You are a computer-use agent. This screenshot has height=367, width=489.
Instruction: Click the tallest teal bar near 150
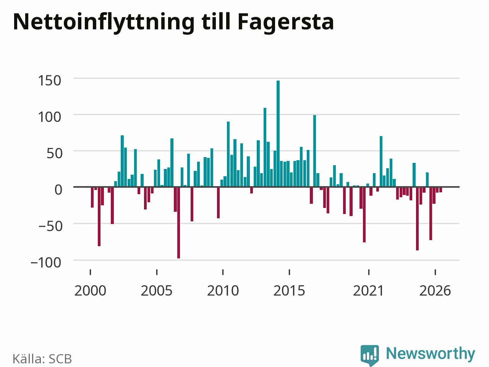point(278,133)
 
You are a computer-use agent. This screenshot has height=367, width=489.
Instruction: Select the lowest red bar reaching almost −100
point(179,223)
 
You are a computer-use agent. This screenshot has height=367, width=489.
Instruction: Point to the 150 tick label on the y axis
point(49,81)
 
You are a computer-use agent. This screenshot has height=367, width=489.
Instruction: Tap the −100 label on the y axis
point(46,263)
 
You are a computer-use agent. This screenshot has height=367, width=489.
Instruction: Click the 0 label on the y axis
point(58,190)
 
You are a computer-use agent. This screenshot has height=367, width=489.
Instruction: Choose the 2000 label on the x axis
point(90,291)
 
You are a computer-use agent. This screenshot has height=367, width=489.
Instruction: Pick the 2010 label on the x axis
point(223,291)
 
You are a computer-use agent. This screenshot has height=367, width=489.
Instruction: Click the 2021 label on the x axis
point(369,291)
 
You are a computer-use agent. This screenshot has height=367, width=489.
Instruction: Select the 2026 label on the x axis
point(435,291)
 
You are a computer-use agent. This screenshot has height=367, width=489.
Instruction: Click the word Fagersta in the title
point(286,22)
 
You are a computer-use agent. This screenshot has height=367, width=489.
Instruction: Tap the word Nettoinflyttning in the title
point(104,22)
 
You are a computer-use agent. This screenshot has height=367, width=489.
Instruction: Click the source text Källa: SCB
point(42,359)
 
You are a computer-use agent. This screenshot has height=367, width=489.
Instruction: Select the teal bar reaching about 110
point(265,147)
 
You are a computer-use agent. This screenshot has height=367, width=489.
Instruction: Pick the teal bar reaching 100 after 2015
point(314,151)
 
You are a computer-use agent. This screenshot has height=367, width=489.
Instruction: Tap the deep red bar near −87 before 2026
point(417,219)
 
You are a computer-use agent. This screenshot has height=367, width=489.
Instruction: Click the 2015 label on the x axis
point(289,291)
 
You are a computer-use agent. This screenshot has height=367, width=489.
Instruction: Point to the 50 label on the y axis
point(54,154)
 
